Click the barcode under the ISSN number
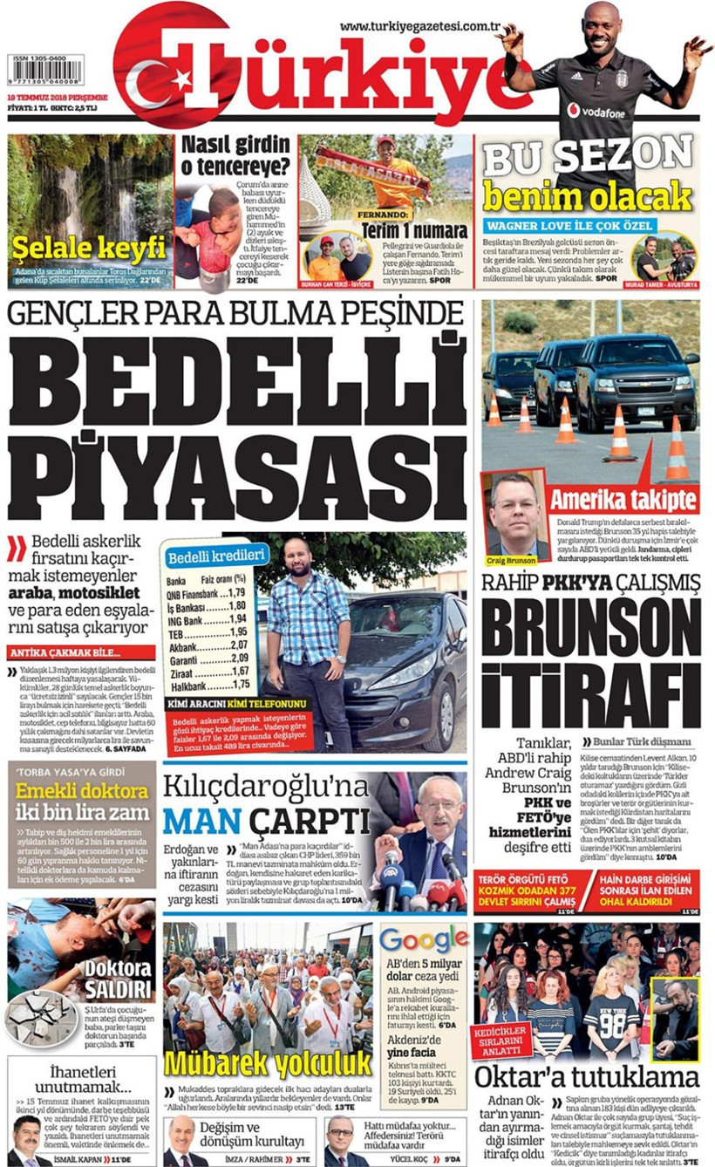tap(45, 70)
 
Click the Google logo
tap(424, 939)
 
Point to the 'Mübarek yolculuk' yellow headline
tap(269, 1062)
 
